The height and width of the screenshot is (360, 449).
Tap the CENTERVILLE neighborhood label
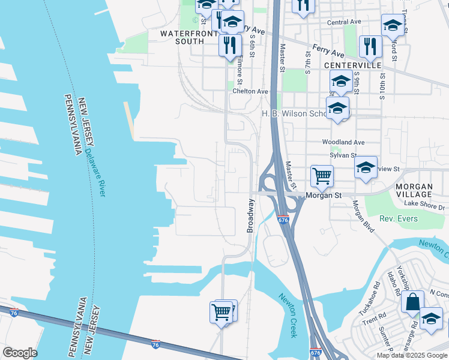352,65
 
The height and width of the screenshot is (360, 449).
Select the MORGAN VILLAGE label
422,191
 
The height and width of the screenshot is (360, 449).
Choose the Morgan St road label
323,196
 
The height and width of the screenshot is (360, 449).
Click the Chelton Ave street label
250,91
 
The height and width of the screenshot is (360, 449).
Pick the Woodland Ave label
343,142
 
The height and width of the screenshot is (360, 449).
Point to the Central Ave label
344,22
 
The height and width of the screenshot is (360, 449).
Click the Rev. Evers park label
399,219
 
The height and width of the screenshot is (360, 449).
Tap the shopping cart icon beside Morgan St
322,176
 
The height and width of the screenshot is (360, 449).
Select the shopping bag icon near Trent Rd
414,302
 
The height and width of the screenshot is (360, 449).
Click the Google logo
20,353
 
